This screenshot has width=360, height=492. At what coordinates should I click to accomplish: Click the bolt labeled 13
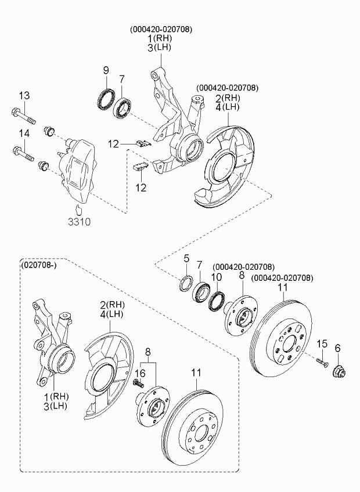24,115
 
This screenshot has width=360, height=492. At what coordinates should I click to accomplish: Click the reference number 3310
79,222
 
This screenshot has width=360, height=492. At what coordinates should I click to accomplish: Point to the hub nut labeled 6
339,370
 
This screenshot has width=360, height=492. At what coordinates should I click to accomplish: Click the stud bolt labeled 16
139,383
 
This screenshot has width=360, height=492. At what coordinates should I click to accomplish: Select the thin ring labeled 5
186,282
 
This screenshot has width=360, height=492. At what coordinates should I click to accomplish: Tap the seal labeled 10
216,301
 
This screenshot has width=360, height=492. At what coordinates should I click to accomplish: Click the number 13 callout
24,95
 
